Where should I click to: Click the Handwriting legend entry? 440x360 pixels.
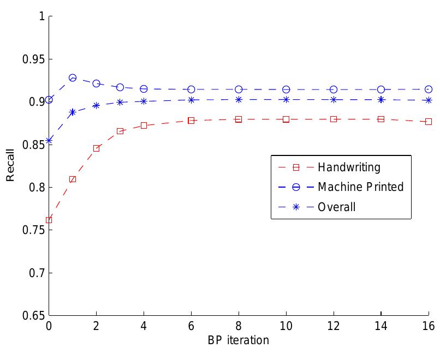pos(349,167)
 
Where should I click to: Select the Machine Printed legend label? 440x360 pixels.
pos(360,187)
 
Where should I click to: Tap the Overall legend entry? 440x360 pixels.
pos(337,207)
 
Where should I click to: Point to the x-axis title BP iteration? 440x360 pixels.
pos(238,341)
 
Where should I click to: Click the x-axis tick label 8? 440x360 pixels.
pos(239,327)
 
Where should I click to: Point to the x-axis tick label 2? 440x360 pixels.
pos(97,327)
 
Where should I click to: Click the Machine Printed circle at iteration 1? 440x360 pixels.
pos(73,78)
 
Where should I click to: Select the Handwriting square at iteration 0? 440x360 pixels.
pos(49,220)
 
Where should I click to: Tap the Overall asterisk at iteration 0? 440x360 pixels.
pos(49,141)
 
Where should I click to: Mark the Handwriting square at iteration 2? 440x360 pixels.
pos(97,148)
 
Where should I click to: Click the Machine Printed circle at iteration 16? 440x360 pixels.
pos(429,89)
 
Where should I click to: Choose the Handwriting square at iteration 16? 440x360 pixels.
pos(429,122)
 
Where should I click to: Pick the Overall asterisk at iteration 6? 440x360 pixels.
pos(192,100)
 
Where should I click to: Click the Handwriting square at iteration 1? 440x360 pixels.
pos(73,179)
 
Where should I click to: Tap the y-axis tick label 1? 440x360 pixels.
pos(41,16)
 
